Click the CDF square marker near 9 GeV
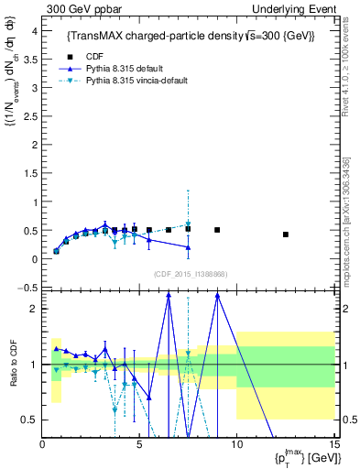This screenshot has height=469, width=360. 217,230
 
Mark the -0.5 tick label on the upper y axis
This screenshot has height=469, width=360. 27,288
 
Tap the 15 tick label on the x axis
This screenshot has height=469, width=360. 334,445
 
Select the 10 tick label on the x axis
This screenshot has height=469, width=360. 236,445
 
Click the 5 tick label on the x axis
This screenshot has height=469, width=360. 139,445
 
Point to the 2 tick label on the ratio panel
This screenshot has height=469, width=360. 34,309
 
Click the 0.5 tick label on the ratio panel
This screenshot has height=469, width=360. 29,420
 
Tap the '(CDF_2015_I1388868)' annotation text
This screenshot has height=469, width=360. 190,273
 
